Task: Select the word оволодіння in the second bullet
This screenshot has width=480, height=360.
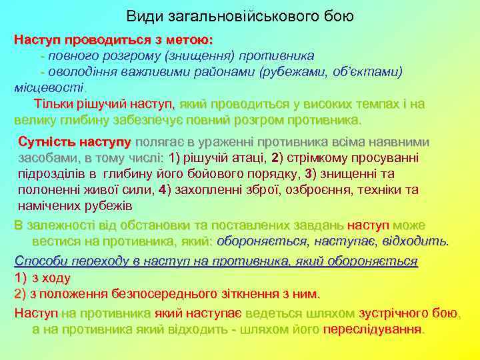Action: pos(79,72)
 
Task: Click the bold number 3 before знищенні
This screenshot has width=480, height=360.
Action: pos(307,174)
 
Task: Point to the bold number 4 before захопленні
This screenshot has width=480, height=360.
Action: pos(162,190)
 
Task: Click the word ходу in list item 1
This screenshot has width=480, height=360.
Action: pos(56,277)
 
